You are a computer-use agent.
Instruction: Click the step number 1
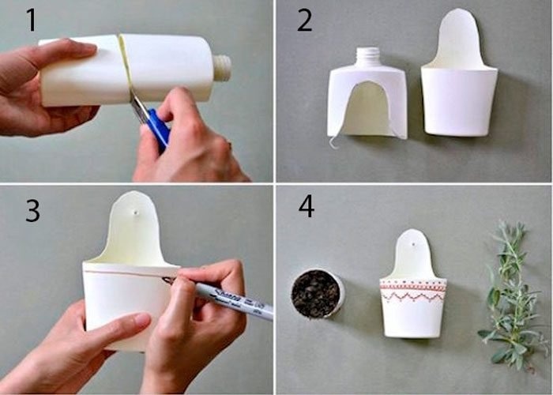[x=32, y=20]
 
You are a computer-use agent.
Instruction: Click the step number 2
[x=305, y=21]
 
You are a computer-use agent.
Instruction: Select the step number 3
[x=33, y=211]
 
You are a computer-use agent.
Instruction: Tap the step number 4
[x=307, y=206]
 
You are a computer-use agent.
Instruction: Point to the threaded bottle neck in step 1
[x=222, y=68]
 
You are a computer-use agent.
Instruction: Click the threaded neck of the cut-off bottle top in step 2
[x=367, y=56]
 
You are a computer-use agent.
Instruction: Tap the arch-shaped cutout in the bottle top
[x=367, y=108]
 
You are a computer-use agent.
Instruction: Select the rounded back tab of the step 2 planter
[x=459, y=38]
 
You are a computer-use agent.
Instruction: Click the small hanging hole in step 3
[x=135, y=213]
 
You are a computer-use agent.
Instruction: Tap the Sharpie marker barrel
[x=233, y=300]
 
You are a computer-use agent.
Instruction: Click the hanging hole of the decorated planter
[x=412, y=243]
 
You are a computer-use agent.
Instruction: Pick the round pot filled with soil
[x=317, y=293]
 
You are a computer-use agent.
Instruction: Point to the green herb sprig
[x=510, y=296]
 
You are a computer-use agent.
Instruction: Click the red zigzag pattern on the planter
[x=412, y=297]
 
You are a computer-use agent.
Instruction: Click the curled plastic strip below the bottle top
[x=335, y=141]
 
